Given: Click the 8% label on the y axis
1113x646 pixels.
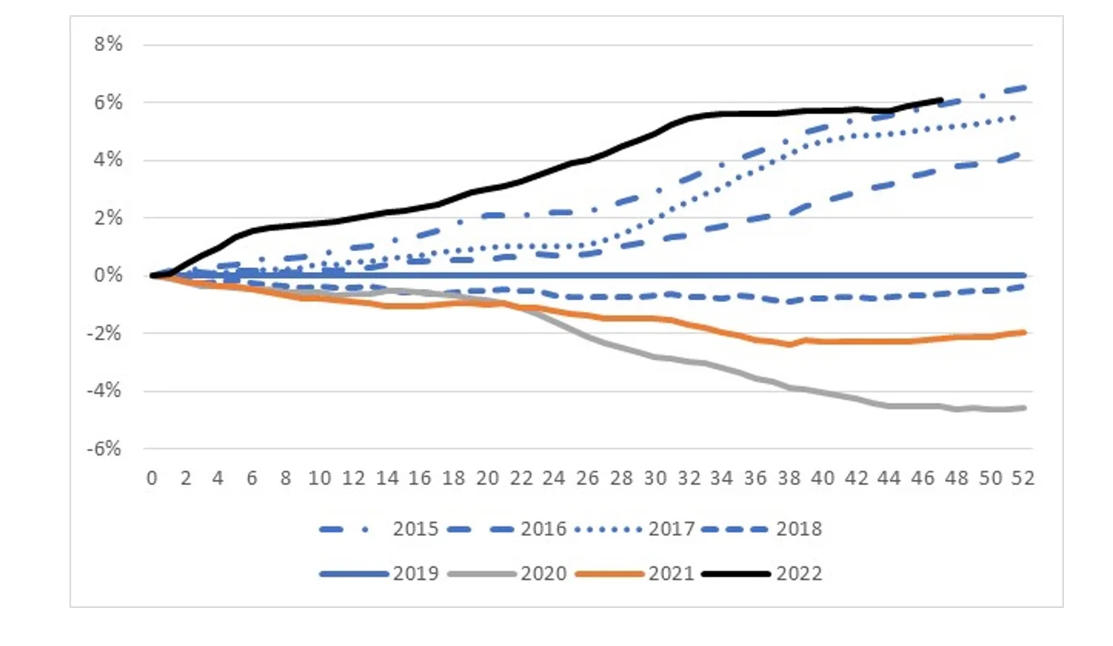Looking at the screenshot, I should point(108,45).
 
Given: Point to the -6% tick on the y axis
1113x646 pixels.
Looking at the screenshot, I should point(105,448).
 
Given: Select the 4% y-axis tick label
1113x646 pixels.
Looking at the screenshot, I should point(108,160).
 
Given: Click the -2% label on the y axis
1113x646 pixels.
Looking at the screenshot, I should point(105,333).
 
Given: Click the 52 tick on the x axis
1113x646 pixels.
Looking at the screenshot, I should point(1023,478).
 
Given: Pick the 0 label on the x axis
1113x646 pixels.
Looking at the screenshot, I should point(152,478).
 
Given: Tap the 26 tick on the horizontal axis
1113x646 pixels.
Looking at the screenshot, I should point(588,478).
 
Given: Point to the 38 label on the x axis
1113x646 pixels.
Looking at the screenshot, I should point(789,478).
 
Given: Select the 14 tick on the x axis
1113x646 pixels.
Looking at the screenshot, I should point(386,478).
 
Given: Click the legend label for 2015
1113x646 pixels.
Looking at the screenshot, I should point(416,529).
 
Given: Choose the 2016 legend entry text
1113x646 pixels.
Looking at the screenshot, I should point(543,529).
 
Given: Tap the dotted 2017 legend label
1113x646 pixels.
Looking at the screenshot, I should point(672,529).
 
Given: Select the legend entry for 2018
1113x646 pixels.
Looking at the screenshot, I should point(799,529).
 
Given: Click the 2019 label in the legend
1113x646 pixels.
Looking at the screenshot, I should point(416,574).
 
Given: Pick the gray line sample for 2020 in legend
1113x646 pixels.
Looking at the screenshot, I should point(480,574).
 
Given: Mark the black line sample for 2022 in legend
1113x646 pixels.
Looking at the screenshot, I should point(736,574).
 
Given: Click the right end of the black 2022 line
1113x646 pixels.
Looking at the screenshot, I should point(940,100).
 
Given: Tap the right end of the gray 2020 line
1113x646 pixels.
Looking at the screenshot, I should point(1025,408).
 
